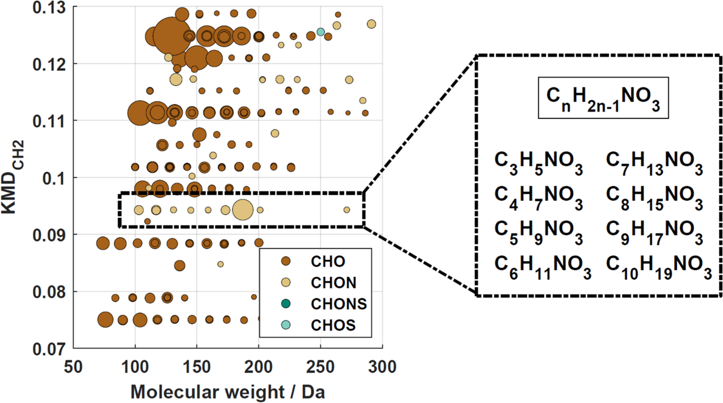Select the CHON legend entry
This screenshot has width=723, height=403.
tap(334, 283)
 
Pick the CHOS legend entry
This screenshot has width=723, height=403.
tap(334, 325)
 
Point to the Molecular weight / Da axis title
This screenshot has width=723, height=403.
tap(228, 392)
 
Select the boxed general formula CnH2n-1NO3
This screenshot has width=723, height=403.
tap(603, 98)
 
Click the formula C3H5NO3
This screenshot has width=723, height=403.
tap(538, 163)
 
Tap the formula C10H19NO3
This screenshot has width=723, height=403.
tap(659, 267)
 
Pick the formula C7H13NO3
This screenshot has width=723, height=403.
tap(654, 163)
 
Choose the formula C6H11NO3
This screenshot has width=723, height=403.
tap(543, 267)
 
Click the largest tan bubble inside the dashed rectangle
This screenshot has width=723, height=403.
tap(243, 210)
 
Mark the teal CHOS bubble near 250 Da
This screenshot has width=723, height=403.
tap(320, 32)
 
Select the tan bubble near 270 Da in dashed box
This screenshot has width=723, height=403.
tap(347, 210)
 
